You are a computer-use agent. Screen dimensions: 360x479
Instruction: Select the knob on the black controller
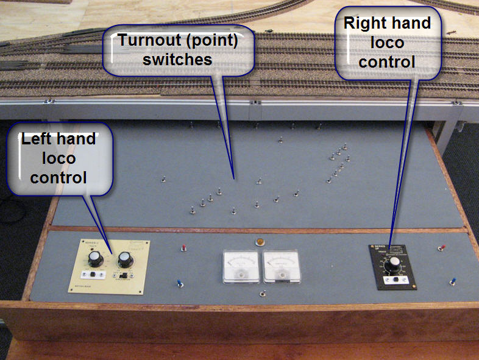395,263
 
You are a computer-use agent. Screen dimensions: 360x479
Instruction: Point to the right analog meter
281,266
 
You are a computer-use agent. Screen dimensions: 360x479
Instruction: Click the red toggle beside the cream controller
183,249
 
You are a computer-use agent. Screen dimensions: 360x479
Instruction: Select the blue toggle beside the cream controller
180,283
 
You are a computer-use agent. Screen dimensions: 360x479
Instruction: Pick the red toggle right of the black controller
442,249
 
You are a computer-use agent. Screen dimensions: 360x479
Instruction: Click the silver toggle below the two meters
262,295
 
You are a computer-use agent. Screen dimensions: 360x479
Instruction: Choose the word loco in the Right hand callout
387,43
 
